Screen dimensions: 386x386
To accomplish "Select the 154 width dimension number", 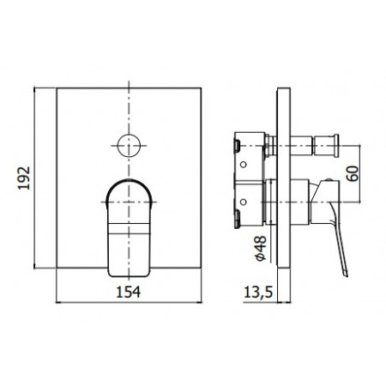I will pos(128,291).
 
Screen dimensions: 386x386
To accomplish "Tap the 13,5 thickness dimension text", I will pos(257,291).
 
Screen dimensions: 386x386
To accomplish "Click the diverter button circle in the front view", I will pos(130,142).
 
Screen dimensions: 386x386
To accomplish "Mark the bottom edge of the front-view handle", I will pos(129,276).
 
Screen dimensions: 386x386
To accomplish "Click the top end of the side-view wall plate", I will pos(280,86).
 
